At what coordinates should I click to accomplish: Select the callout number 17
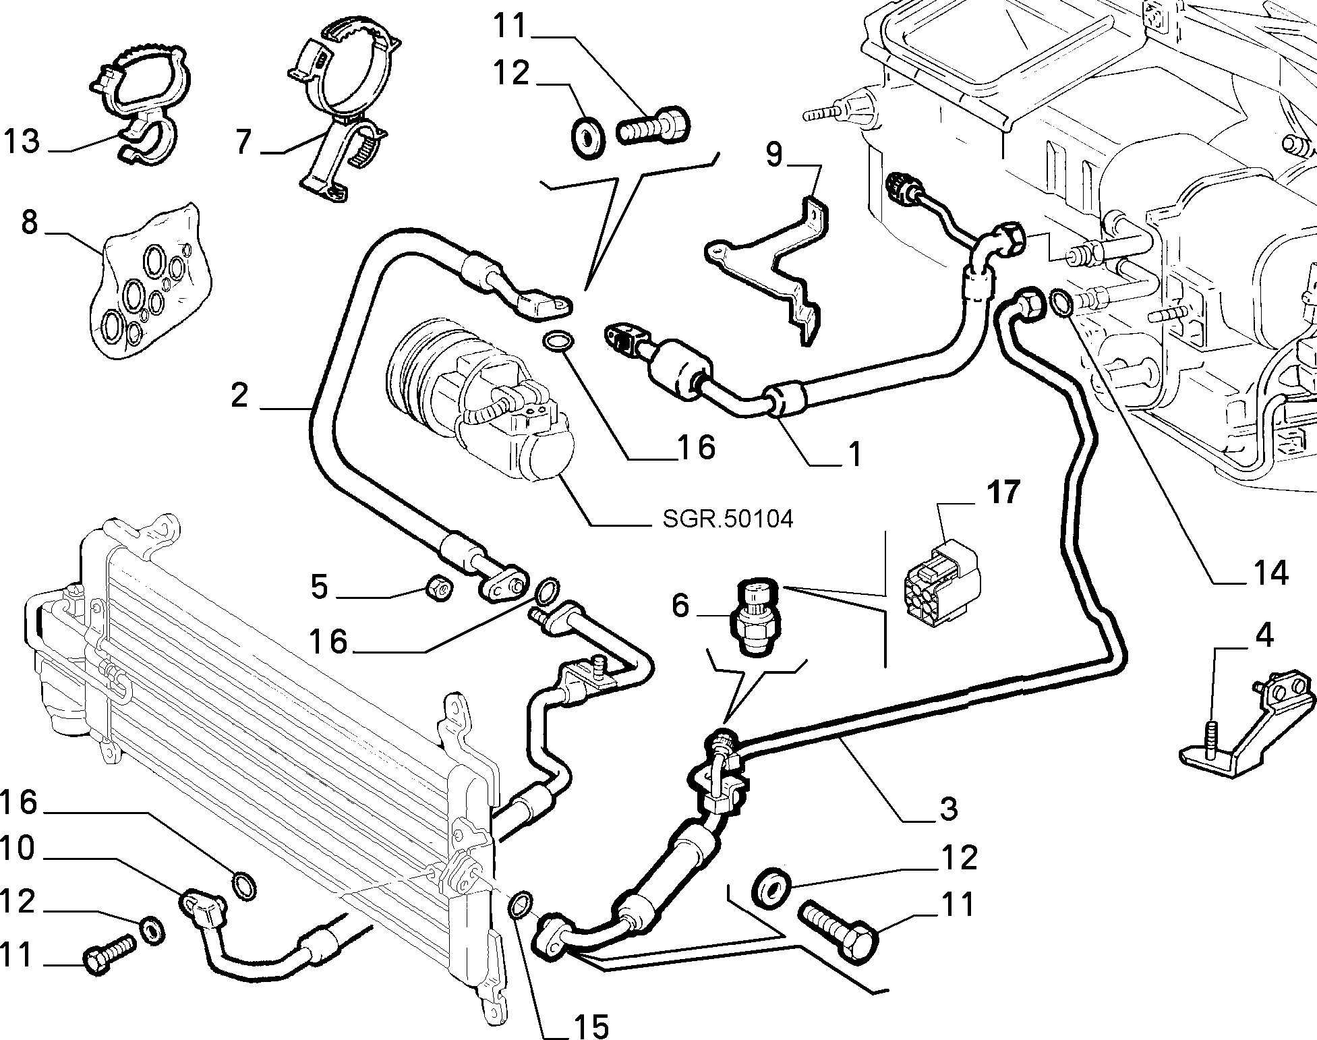(1004, 492)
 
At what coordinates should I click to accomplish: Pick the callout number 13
(22, 142)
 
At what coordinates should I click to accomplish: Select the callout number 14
(1268, 572)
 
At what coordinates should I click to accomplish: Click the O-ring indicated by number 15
(520, 904)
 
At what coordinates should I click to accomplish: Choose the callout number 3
(948, 807)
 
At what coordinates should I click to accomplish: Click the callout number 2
(239, 395)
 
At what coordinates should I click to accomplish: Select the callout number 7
(243, 142)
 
